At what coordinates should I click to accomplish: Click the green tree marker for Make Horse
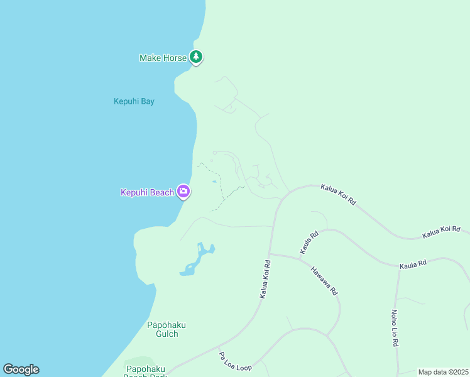point(196,57)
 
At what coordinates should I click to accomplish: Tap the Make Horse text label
point(163,58)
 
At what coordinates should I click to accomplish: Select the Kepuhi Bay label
point(134,101)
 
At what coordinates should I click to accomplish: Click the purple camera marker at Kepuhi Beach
point(183,191)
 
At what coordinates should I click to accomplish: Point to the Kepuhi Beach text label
point(147,192)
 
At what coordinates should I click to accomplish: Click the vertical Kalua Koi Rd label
point(265,279)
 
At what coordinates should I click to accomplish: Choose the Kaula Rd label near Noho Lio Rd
point(413,265)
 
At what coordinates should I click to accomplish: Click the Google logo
point(21,369)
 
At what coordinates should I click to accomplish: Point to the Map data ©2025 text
point(443,372)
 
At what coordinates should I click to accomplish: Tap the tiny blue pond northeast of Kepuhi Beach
point(214,182)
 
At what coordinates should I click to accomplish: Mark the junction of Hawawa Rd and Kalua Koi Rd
point(270,254)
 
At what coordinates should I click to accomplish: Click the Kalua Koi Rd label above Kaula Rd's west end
point(338,194)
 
